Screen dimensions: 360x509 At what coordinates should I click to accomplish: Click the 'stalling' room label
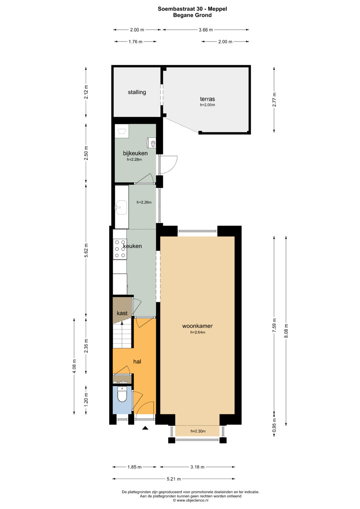click(137, 92)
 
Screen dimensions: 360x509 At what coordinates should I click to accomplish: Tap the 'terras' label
click(207, 99)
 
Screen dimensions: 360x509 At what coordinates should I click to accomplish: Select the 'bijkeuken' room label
click(135, 153)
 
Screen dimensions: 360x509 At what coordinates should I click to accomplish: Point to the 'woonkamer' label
click(197, 326)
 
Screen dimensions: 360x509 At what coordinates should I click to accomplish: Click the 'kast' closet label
click(122, 313)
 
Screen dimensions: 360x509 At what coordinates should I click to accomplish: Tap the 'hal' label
click(137, 361)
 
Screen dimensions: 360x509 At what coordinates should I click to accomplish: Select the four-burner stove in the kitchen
click(120, 249)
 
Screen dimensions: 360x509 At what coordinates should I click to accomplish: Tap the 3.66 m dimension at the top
click(206, 30)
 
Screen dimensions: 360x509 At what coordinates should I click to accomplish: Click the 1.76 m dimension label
click(135, 42)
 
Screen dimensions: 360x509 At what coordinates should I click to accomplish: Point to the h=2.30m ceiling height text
click(198, 431)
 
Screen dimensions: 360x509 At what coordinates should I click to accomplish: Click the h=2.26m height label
click(144, 202)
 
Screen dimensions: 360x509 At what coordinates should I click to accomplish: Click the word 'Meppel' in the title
click(218, 9)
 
